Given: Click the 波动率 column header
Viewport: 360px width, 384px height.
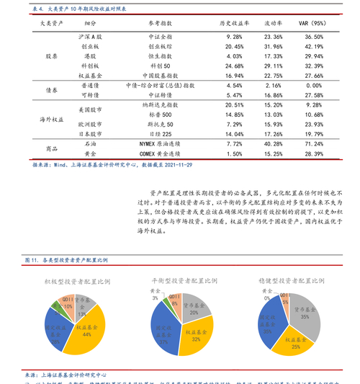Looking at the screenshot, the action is (x=273, y=23).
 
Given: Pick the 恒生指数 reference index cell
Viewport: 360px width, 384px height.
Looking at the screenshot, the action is (x=160, y=55).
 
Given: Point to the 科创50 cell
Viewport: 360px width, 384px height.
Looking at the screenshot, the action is (x=160, y=65).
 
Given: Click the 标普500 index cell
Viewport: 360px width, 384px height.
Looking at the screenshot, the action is (x=160, y=115).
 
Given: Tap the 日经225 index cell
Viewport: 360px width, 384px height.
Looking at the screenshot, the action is (x=160, y=134).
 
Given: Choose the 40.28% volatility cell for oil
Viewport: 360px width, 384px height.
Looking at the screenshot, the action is (x=273, y=144).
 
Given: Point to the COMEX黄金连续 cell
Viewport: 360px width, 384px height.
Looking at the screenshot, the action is (x=160, y=154).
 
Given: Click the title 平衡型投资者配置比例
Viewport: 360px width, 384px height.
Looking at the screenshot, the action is (x=183, y=280).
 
